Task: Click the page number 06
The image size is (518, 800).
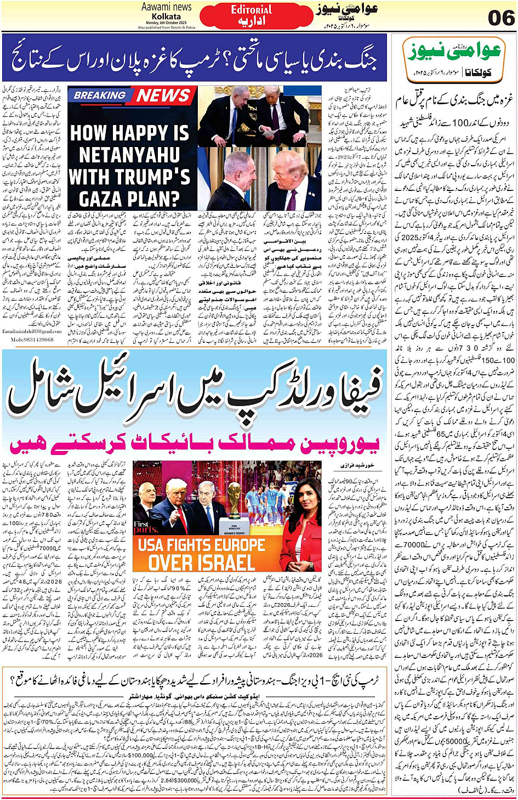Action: [500, 17]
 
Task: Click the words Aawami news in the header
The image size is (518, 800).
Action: [166, 7]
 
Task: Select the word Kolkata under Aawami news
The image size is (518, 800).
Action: [166, 16]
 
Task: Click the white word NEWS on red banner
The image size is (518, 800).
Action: [163, 95]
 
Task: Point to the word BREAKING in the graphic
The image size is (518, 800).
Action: [99, 95]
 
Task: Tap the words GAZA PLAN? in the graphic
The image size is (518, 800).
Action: [129, 198]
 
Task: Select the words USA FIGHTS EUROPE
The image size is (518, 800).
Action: [202, 545]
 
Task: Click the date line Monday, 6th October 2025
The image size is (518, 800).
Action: [166, 22]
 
